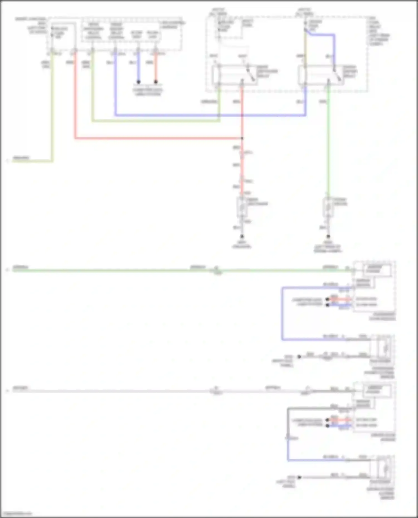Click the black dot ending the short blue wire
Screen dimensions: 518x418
click(138, 82)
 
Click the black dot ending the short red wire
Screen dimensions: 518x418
click(156, 82)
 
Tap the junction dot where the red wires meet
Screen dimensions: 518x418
click(242, 138)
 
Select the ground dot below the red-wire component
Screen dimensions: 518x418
click(242, 237)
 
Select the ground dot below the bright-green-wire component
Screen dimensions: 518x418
click(328, 237)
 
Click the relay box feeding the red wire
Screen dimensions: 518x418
click(234, 75)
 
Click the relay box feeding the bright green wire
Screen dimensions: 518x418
click(320, 75)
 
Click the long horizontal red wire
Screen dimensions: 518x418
click(156, 138)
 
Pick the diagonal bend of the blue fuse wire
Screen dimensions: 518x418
click(308, 33)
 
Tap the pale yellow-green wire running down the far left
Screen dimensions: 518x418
click(52, 111)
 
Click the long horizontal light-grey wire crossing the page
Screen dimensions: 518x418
click(111, 391)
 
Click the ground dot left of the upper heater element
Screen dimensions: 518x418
click(299, 357)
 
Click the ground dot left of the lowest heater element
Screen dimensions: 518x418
click(299, 477)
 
